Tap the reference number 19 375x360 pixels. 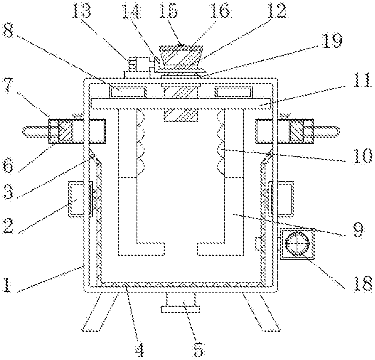[x=332, y=40]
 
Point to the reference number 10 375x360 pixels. [x=363, y=156]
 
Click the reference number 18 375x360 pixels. [x=363, y=283]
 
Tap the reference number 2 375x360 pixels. [x=8, y=226]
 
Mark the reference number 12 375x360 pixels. [x=277, y=11]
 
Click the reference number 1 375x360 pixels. [x=7, y=284]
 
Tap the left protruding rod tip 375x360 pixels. [x=24, y=132]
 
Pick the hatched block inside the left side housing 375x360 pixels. [x=65, y=131]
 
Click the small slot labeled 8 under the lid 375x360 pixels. [x=127, y=92]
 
